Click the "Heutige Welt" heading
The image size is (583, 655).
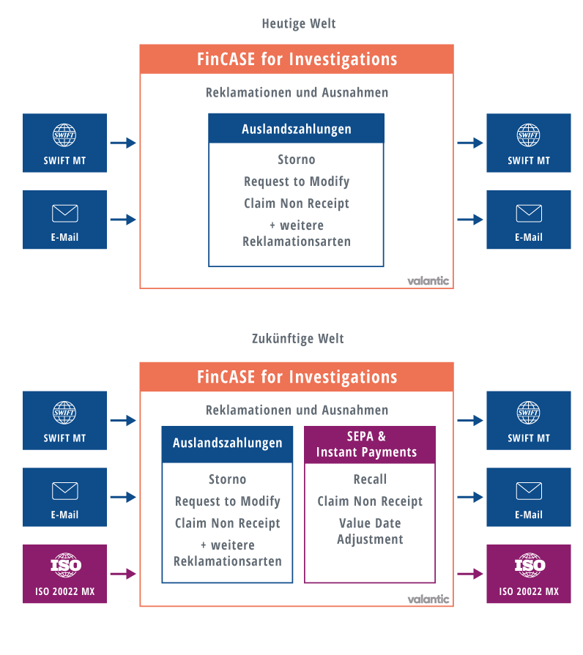pos(298,23)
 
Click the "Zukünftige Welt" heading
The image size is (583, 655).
pos(297,338)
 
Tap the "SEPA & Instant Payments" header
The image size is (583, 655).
pos(370,444)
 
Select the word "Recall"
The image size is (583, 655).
pos(370,479)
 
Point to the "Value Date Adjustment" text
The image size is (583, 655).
pos(370,531)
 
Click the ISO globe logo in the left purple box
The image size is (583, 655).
pos(64,565)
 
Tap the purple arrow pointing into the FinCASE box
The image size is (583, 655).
pos(123,574)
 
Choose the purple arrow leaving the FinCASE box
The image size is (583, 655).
pos(470,574)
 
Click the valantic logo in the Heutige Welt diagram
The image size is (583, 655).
pos(428,280)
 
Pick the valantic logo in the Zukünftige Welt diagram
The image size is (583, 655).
pos(428,599)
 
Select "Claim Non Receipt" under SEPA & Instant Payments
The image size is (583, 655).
pos(370,501)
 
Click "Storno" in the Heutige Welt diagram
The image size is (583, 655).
pos(296,160)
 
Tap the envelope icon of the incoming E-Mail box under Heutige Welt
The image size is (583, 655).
pos(64,213)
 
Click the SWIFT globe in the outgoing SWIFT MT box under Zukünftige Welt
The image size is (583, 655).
pos(528,413)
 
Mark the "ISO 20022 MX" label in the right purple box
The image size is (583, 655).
pos(528,591)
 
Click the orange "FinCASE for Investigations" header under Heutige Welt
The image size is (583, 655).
pos(297,59)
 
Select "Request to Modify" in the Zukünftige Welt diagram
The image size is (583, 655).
pos(227,501)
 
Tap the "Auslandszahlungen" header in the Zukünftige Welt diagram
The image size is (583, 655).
pos(227,443)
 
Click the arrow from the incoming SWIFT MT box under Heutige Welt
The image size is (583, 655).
pos(123,143)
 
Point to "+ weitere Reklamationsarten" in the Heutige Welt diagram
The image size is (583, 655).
pos(296,233)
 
